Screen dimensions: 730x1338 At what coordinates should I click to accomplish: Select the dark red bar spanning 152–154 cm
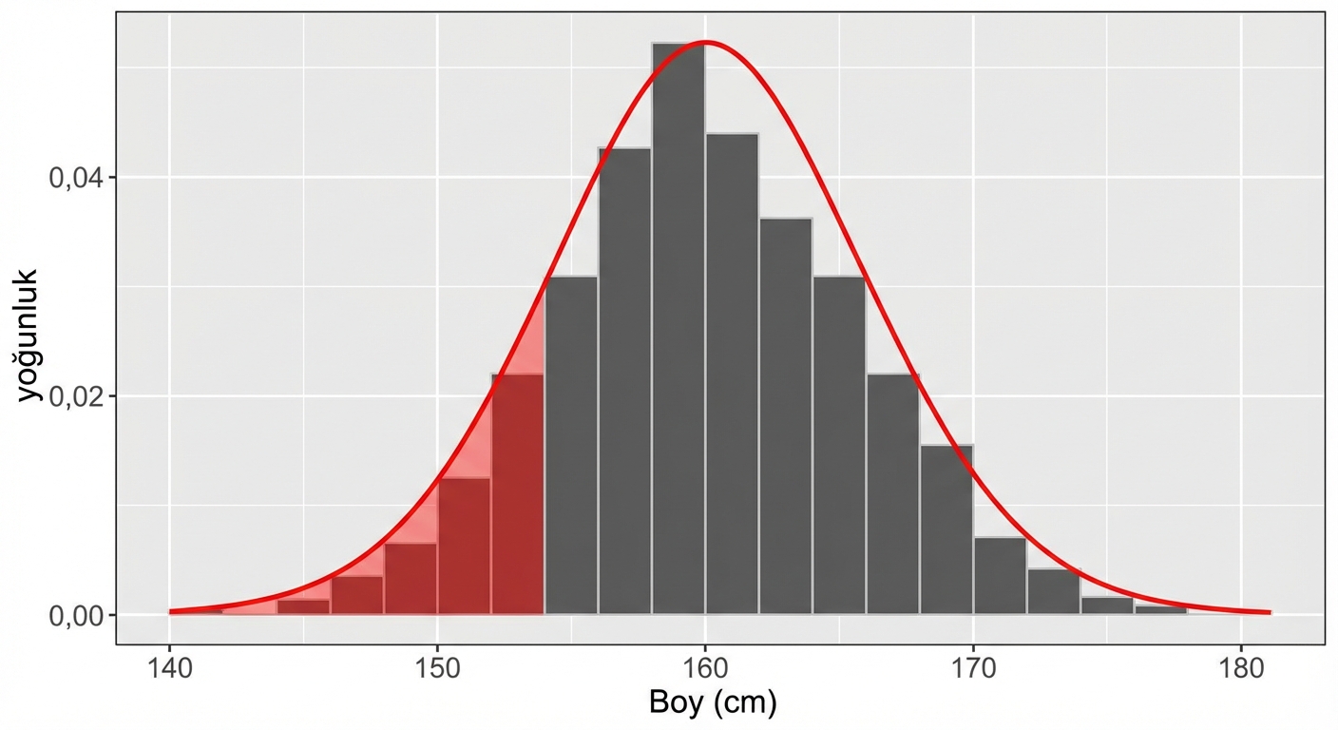tap(518, 494)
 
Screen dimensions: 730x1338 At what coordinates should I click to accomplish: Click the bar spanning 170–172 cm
tap(1000, 576)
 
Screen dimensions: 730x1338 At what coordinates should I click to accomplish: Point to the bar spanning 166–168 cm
tap(892, 494)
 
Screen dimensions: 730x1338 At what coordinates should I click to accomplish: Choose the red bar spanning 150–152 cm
tap(464, 547)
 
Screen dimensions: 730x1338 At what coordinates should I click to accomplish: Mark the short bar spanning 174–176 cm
tap(1107, 605)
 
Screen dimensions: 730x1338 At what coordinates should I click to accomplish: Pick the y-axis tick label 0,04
tap(74, 178)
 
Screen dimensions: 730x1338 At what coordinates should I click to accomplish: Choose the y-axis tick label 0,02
tap(74, 396)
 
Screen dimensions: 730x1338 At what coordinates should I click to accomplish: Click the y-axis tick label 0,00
tap(74, 616)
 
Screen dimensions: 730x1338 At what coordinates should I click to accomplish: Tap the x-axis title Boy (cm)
tap(713, 704)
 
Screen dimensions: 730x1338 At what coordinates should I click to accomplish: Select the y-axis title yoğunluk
tap(28, 335)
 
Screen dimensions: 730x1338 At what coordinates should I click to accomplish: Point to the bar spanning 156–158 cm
tap(624, 380)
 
